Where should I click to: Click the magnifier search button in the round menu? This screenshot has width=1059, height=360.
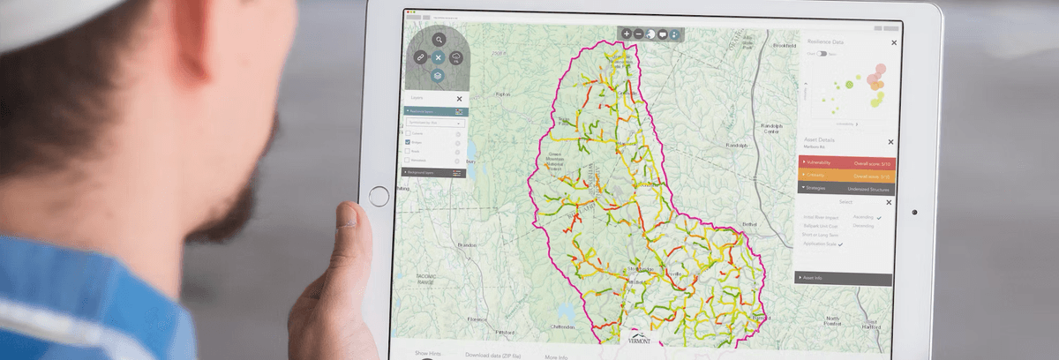point(439,40)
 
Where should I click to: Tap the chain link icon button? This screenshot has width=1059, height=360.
point(420,57)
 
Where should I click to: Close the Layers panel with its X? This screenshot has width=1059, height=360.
point(459,99)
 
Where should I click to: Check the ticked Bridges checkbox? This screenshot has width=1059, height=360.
point(408,141)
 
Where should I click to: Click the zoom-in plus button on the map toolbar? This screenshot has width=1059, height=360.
point(627,34)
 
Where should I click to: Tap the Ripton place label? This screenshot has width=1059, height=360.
point(503,94)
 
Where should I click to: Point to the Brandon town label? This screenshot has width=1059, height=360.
point(468,245)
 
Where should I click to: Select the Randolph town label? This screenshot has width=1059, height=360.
point(737,145)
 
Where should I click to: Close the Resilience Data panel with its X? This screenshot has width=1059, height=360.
point(893,42)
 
